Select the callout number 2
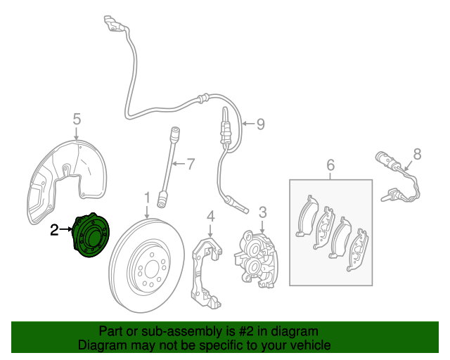pyautogui.click(x=54, y=229)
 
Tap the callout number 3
pyautogui.click(x=262, y=212)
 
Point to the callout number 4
pyautogui.click(x=210, y=216)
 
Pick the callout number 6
pyautogui.click(x=330, y=166)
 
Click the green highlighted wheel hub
pyautogui.click(x=92, y=237)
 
